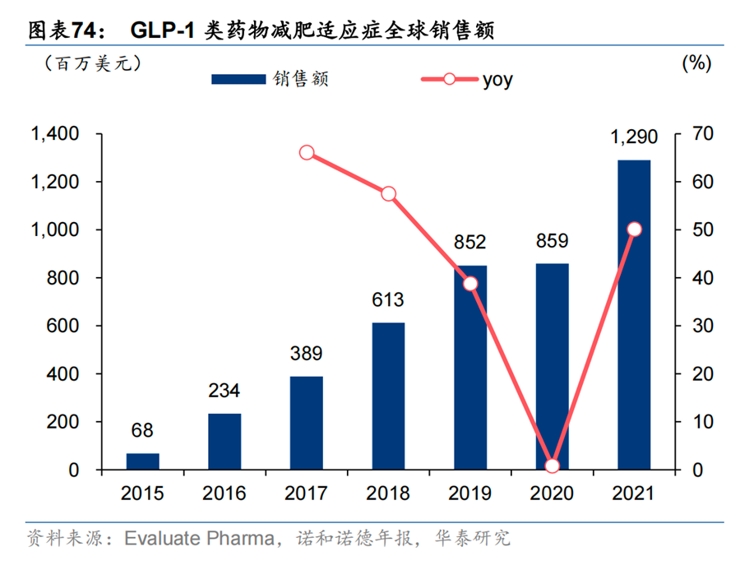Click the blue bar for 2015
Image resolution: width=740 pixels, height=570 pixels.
coord(142,461)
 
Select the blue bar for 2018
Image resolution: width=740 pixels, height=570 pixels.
coord(388,396)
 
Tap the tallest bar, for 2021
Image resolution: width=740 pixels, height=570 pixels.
coord(634,315)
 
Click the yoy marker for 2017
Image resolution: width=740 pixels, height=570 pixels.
coord(307,152)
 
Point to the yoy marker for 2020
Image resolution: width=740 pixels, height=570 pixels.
coord(553,466)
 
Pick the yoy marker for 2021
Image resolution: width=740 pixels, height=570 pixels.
coord(634,229)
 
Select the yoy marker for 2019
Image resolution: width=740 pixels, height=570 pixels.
coord(470,283)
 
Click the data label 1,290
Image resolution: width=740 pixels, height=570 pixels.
coord(634,137)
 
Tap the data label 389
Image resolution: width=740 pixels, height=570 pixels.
coord(307,353)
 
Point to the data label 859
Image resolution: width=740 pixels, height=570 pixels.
coord(553,241)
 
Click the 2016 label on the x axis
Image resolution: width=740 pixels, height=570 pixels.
coord(224,494)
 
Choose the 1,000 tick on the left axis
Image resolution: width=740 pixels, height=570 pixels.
coord(55,229)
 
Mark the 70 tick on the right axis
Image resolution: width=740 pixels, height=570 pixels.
coord(703,133)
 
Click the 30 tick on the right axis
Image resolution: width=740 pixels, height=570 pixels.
coord(703,326)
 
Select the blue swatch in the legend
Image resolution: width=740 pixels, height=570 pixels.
coord(238,79)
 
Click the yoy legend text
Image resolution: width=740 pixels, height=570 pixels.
coord(497,81)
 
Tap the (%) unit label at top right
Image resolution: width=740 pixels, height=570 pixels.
coord(697,63)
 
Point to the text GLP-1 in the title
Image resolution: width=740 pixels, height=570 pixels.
coord(162,30)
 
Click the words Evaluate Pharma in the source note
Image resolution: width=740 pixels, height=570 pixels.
coord(200,539)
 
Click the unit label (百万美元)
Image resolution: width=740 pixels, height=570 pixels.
coord(93,63)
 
